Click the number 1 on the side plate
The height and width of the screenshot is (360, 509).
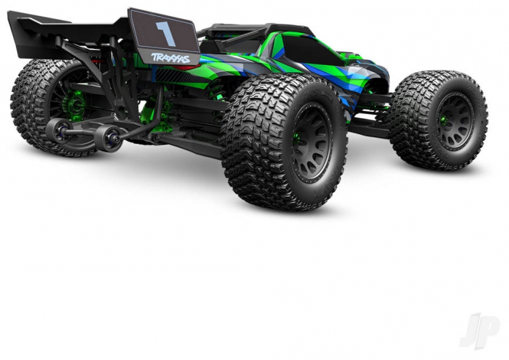(166, 34)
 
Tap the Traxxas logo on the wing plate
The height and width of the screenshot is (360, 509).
(171, 58)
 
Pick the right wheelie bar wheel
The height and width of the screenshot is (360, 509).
(109, 137)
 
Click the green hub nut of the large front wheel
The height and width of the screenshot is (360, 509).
(296, 139)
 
